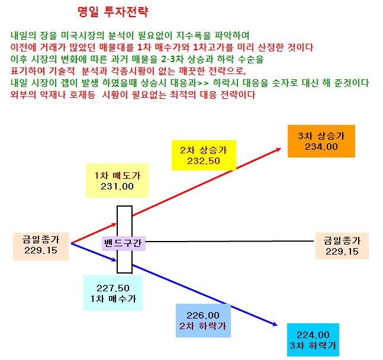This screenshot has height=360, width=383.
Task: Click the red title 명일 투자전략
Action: point(113,11)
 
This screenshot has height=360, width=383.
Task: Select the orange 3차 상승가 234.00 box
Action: point(321,141)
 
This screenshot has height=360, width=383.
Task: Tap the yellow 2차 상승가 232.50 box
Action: point(204,155)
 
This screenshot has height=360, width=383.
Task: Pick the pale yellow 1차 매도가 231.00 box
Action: point(117,181)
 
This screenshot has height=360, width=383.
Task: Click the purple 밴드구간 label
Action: point(124,243)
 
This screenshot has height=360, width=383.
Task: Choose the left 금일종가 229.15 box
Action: point(41,246)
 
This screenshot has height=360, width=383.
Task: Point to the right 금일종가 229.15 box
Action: point(342,246)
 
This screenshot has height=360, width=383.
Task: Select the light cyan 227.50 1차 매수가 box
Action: point(113,293)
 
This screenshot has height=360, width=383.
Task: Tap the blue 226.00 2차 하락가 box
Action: point(203,320)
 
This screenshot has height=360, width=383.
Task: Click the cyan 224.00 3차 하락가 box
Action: point(313,340)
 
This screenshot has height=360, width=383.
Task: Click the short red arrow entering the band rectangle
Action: point(94,233)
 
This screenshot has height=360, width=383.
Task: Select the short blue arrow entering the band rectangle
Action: point(94,252)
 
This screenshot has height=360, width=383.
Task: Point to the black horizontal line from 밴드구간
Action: point(230,241)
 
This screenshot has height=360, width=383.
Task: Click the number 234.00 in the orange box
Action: point(321,147)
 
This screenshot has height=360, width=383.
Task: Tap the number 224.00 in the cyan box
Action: point(313,335)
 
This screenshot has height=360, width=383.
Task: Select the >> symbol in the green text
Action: point(203,83)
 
